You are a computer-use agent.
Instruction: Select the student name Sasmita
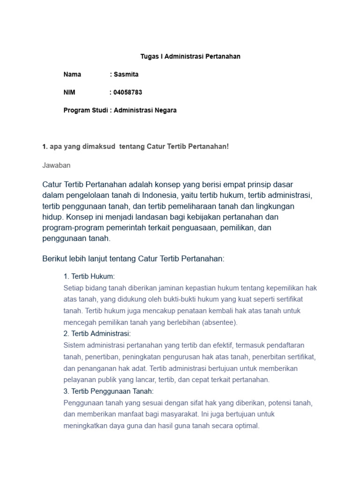126,75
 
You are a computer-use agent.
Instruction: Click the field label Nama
72,75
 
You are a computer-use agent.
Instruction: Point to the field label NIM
69,92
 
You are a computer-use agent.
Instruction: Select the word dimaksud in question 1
100,147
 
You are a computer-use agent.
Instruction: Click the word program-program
70,227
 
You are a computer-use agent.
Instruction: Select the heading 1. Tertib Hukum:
89,277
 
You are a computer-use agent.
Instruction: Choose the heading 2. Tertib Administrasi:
97,334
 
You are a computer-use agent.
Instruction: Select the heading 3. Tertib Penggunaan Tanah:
109,391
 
